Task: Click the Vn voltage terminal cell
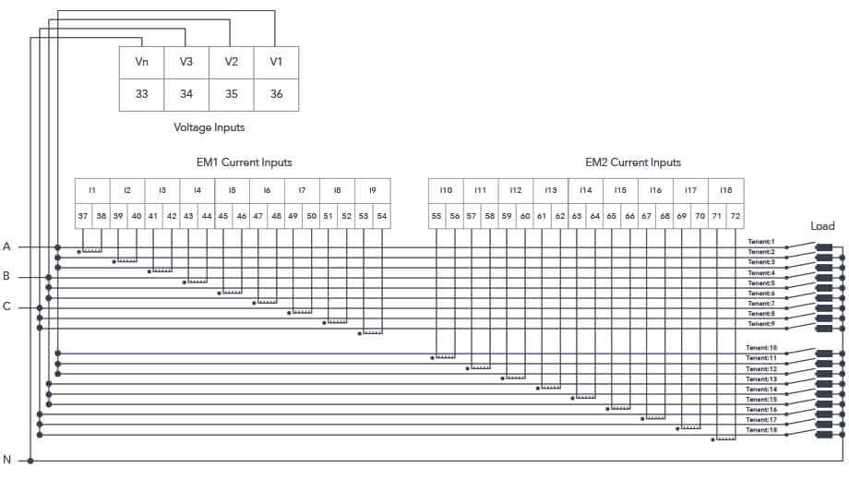142,62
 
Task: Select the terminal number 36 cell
276,94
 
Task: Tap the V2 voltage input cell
232,62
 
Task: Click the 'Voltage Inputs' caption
209,127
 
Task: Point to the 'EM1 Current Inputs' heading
245,162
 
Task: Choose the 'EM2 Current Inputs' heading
633,162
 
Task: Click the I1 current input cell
92,190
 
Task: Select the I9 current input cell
372,190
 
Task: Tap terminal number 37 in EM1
83,216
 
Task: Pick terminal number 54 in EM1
381,216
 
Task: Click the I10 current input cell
446,190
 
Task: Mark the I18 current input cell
725,190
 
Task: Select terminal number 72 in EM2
735,216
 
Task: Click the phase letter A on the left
6,246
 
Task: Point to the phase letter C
6,307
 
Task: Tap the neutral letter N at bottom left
6,460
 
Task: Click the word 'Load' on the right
822,226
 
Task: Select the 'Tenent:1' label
761,242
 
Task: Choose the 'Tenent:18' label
761,430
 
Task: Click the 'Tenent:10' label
761,348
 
